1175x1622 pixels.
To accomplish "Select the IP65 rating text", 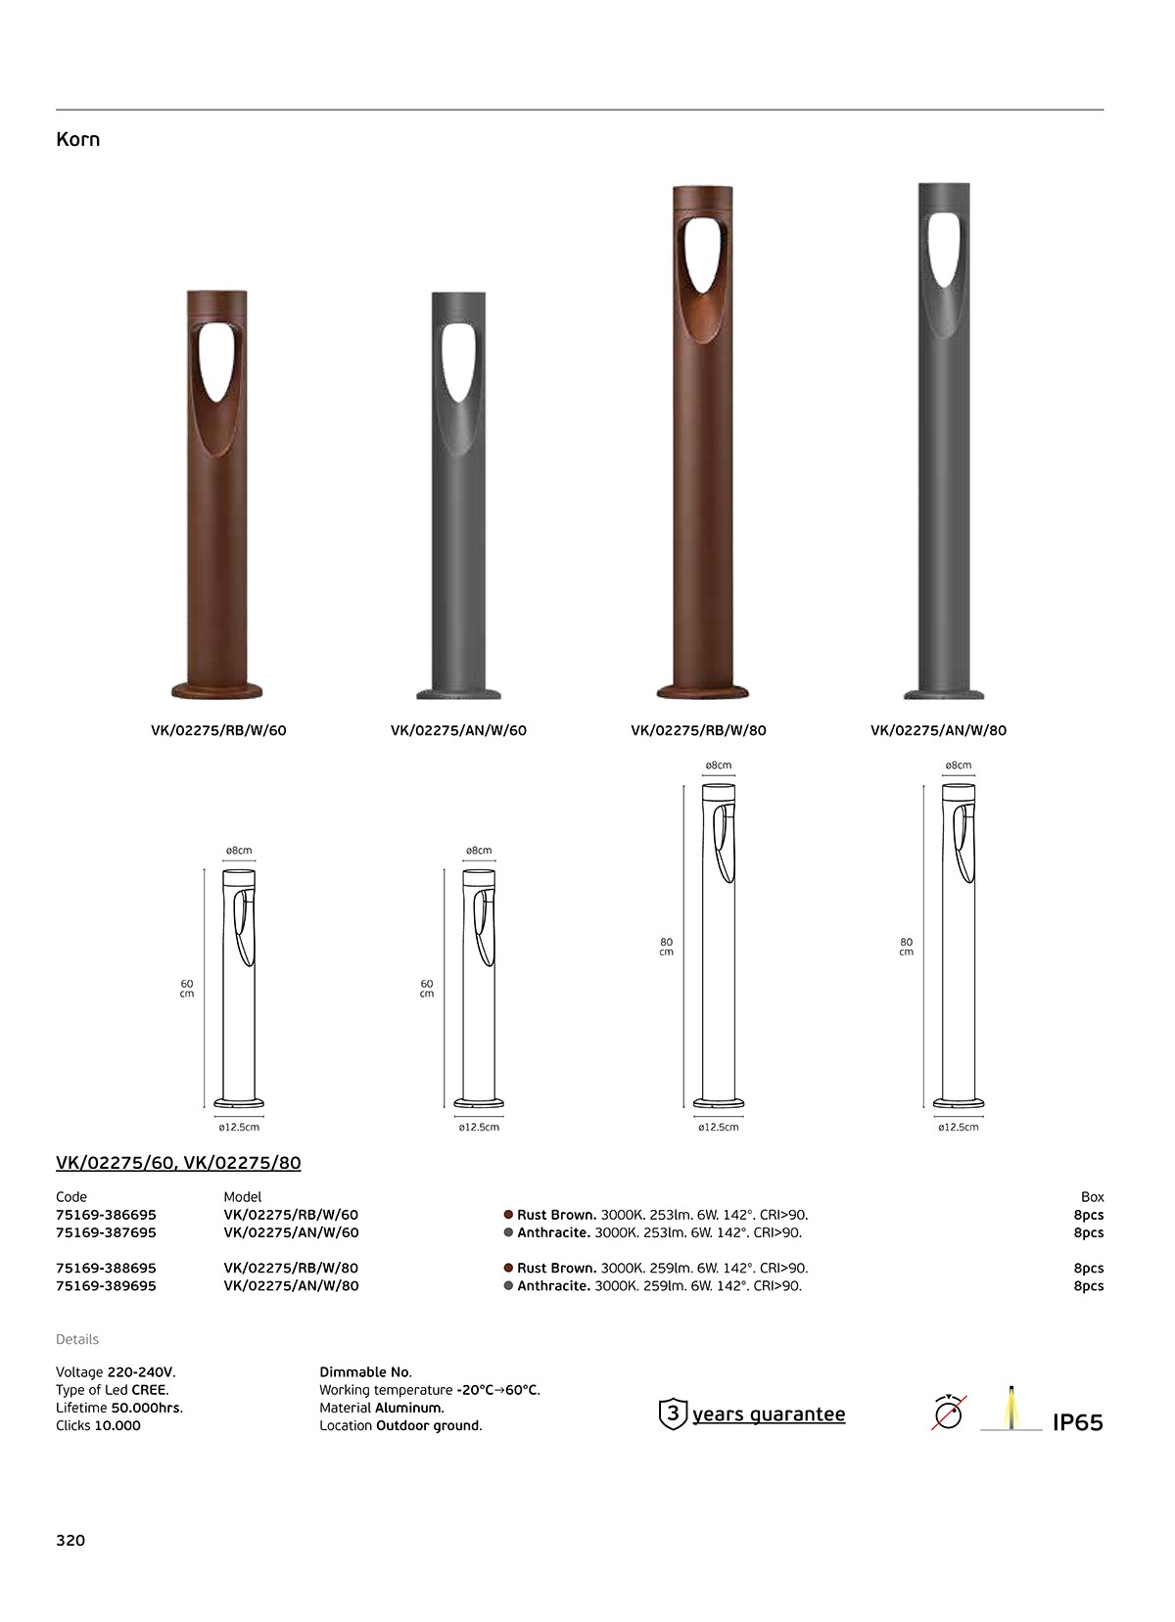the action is pyautogui.click(x=1077, y=1423).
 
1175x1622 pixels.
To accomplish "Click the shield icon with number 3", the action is pyautogui.click(x=673, y=1413).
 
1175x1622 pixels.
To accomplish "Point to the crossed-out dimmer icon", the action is pyautogui.click(x=948, y=1413).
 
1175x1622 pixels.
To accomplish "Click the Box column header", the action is pyautogui.click(x=1092, y=1197).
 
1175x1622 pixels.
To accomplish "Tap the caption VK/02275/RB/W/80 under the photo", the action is pyautogui.click(x=698, y=730).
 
